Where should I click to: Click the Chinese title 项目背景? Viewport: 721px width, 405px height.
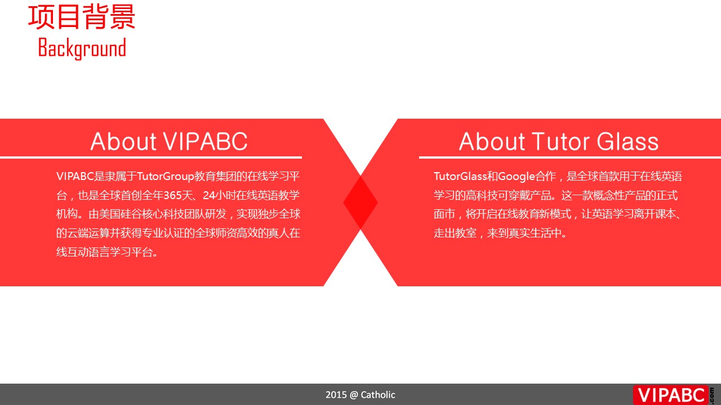point(82,17)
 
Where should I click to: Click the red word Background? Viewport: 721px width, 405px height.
point(82,48)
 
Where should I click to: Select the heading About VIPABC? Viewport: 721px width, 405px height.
point(168,141)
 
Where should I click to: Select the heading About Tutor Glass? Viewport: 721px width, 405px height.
point(558,141)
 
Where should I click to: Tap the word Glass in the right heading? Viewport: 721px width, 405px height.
point(627,141)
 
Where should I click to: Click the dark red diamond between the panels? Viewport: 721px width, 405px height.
point(360,202)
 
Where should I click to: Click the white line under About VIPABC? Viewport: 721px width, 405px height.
point(151,157)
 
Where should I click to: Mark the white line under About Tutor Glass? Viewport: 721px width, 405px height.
point(570,157)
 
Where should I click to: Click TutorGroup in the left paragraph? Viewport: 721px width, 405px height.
point(166,177)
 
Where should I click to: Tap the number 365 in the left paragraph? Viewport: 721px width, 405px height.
point(172,195)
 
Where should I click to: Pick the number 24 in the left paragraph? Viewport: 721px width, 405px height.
point(209,195)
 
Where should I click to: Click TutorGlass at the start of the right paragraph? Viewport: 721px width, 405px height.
point(460,176)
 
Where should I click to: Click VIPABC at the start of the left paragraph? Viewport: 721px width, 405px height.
point(75,176)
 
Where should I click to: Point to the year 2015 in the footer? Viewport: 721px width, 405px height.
point(336,395)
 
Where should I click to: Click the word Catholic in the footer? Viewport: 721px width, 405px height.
point(378,395)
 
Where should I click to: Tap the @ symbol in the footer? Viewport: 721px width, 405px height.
point(354,395)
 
